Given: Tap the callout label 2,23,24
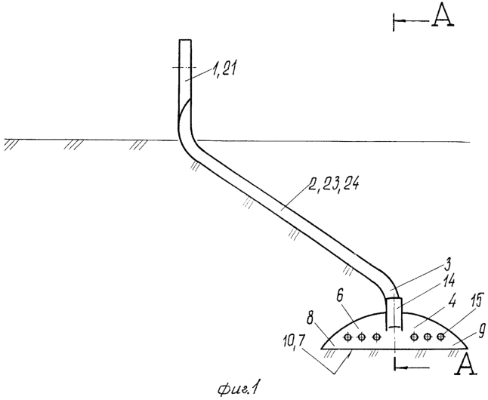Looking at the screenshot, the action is [x=333, y=185].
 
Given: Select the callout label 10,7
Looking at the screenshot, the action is [x=293, y=342].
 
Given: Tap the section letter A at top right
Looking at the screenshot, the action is [x=442, y=16].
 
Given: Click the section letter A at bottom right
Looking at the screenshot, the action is [x=466, y=365].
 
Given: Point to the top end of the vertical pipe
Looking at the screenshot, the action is [x=185, y=40].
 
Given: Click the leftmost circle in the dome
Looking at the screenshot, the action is [x=347, y=337].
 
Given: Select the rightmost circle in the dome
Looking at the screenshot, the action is [x=441, y=337].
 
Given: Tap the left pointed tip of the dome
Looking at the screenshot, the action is [x=322, y=349].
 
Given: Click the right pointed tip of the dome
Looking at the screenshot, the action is [x=468, y=348].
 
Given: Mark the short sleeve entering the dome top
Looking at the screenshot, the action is [x=394, y=313].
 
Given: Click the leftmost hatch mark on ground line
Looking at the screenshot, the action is [x=11, y=145].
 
